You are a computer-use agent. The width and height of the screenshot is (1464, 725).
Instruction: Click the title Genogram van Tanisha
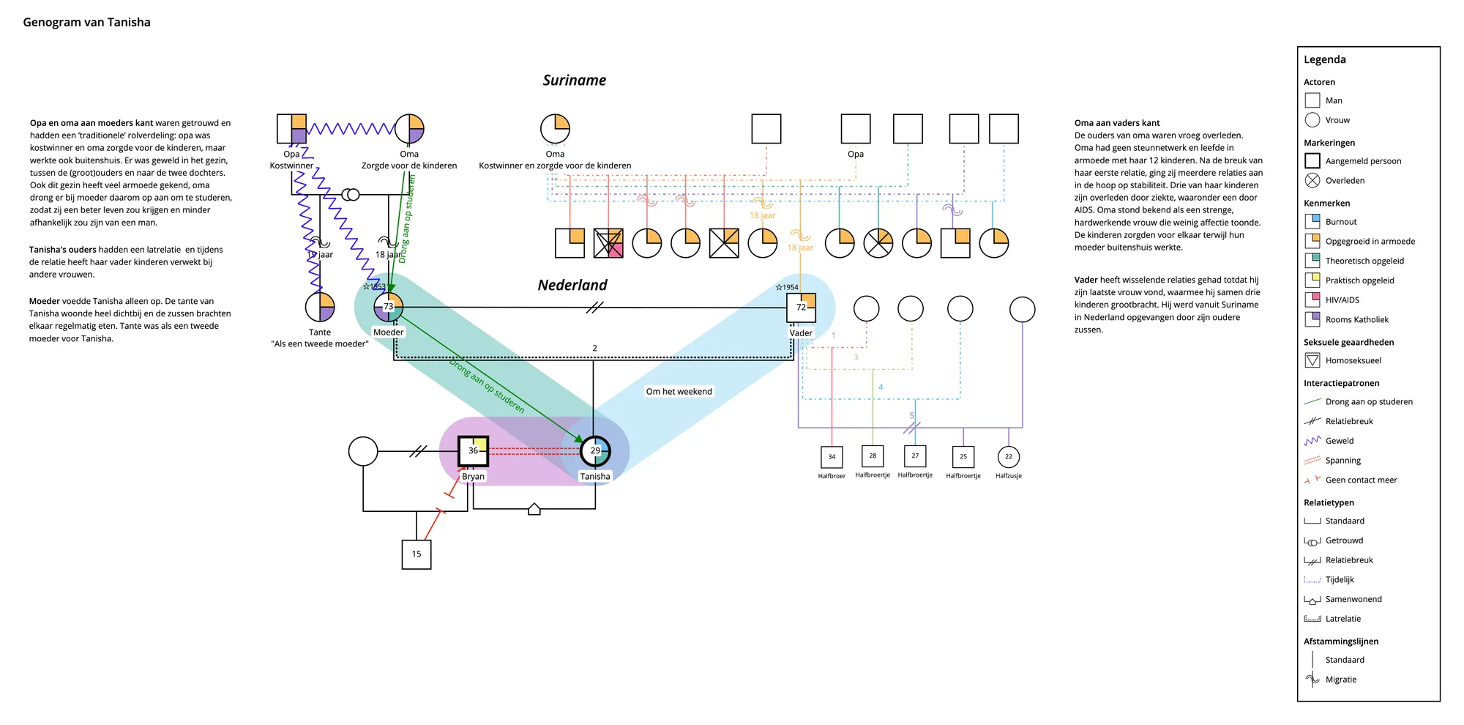point(86,22)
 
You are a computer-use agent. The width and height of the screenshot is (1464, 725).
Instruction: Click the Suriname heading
point(574,81)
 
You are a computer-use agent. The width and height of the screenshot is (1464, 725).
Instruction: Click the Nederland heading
point(572,286)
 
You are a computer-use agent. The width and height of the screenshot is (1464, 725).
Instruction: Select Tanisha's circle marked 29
point(595,451)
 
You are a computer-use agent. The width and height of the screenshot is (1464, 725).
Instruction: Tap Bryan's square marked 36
point(473,451)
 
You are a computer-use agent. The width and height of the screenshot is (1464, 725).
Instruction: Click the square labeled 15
point(417,554)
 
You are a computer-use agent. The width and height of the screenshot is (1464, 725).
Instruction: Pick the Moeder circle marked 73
point(389,307)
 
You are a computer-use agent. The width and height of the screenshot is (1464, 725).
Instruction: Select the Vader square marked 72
point(801,308)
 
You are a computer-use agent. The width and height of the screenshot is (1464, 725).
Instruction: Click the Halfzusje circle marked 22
point(1009,457)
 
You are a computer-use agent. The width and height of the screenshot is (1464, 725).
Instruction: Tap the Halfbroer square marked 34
point(832,457)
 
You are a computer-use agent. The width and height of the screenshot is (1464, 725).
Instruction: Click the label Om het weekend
point(679,392)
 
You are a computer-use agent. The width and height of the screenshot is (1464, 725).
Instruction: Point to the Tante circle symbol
point(320,308)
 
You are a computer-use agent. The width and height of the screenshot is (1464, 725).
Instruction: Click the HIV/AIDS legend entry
point(1342,300)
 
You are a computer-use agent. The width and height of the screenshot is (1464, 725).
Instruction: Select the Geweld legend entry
point(1339,441)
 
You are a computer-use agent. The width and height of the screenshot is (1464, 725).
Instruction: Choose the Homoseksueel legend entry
point(1353,360)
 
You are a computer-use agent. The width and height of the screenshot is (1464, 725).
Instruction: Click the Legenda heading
point(1324,60)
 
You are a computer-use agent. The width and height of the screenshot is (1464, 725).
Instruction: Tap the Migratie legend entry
point(1340,680)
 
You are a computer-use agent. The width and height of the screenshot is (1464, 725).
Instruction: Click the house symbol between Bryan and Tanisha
point(534,509)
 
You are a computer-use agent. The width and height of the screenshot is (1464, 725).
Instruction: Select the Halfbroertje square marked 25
point(963,457)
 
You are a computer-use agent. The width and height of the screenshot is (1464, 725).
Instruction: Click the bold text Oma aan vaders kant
point(1117,123)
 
